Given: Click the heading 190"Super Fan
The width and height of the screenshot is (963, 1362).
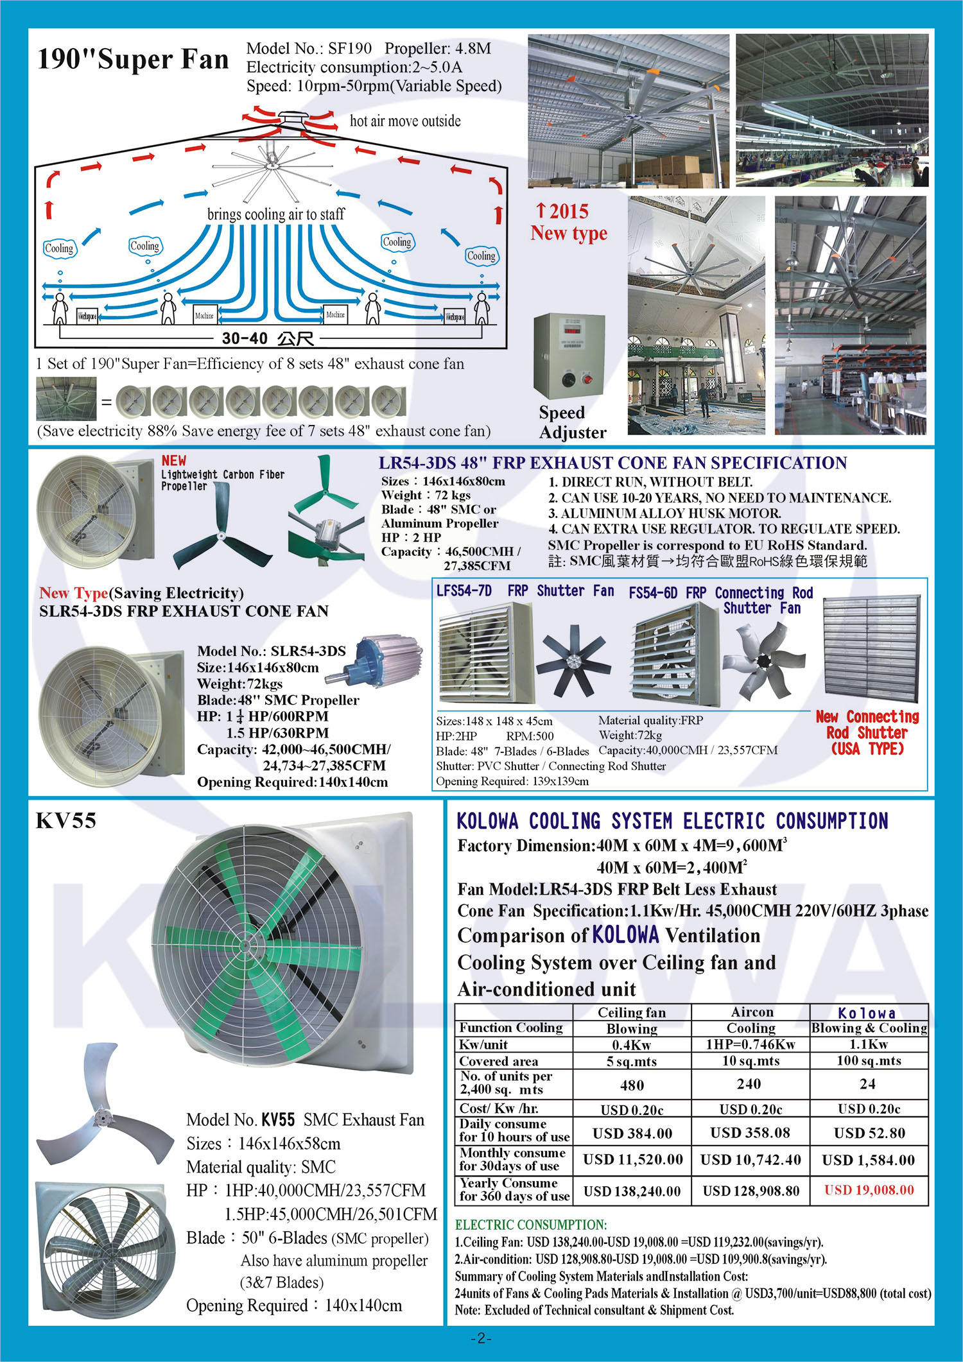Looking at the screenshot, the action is pos(133,60).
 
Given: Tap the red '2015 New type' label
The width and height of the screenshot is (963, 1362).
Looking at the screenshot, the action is pos(568,222).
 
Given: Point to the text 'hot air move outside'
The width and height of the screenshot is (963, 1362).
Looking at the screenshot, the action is pos(404,121).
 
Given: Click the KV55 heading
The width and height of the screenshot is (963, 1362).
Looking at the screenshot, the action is pos(65,821).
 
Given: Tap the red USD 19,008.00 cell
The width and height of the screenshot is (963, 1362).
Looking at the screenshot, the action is pos(869,1190).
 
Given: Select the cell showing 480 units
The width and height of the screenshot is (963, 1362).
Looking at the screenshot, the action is pos(632,1085).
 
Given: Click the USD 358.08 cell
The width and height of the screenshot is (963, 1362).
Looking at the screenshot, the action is pos(750,1133).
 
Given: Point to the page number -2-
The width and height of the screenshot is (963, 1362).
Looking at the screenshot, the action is pos(481,1338).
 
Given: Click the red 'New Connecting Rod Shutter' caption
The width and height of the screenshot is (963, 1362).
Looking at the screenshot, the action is pos(867,732).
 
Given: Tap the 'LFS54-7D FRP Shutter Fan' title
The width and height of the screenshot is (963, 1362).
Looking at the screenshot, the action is pos(525,591).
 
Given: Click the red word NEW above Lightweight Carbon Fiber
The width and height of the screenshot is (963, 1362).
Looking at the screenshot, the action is pos(174,460).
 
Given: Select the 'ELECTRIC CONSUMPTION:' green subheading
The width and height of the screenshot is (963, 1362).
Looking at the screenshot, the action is pos(530,1225).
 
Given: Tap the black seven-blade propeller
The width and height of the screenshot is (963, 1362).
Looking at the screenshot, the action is pos(573,663).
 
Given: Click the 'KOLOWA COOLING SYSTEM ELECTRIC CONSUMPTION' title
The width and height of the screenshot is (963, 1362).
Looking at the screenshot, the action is pos(672,821).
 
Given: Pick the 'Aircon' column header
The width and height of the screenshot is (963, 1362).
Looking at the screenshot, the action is pos(752,1012).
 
